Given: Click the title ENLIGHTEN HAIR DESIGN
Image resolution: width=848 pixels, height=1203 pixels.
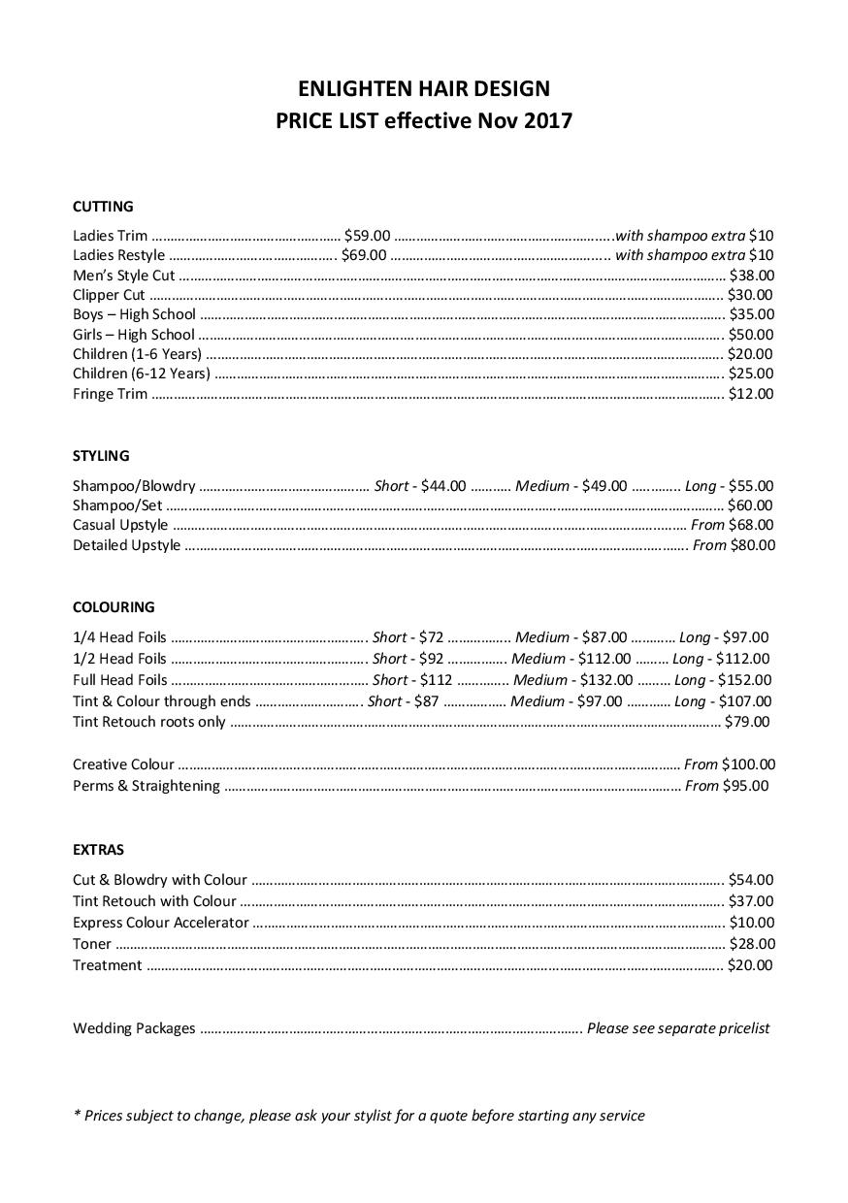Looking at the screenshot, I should tap(424, 89).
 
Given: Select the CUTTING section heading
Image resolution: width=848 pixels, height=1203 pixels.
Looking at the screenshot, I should tap(103, 207).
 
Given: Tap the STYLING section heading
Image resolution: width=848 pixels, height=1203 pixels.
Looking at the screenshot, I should tap(101, 456).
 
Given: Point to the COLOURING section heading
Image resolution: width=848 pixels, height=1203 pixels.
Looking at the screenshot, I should tap(114, 607).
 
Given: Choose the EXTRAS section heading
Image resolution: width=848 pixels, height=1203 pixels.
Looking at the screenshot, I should tap(98, 850).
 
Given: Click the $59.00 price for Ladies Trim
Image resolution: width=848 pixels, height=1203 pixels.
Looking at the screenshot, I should tap(367, 236).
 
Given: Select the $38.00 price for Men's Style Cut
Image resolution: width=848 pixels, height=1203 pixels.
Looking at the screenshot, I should tap(751, 276).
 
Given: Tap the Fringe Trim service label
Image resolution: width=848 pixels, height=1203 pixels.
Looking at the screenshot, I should tap(111, 394).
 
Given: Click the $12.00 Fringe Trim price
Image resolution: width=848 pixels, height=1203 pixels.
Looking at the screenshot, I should tap(751, 394).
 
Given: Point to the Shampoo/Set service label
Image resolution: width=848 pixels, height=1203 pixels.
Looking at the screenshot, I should tap(117, 505).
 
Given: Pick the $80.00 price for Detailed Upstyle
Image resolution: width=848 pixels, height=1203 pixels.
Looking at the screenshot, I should tap(753, 545).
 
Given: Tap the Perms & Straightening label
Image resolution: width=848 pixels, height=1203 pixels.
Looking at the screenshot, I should tap(147, 786).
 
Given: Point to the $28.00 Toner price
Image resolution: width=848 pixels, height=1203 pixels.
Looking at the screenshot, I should tap(751, 944).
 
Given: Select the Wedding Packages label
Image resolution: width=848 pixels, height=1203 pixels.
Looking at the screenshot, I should tap(134, 1028).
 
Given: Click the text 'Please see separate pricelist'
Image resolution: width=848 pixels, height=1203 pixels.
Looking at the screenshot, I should tap(678, 1028).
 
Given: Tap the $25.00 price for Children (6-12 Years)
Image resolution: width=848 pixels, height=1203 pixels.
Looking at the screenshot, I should tap(751, 374).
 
